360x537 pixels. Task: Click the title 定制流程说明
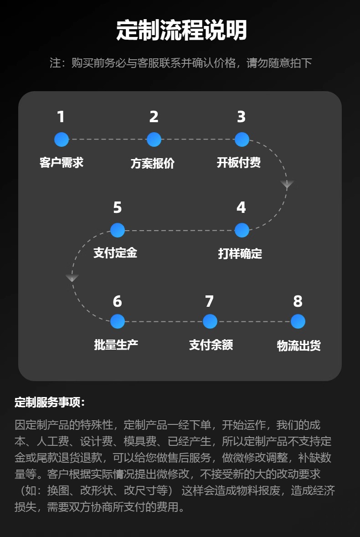click(x=181, y=31)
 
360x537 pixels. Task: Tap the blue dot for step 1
click(x=62, y=139)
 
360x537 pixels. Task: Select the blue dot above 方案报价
click(x=154, y=139)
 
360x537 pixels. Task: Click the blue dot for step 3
click(x=242, y=139)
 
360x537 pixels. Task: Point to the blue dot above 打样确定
click(x=242, y=230)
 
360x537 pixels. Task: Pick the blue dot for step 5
click(x=118, y=230)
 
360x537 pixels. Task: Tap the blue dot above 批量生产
click(x=118, y=321)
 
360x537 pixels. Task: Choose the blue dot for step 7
click(x=210, y=321)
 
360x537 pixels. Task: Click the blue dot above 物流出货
click(x=298, y=321)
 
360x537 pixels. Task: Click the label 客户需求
click(x=62, y=163)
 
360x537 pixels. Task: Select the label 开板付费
click(x=239, y=163)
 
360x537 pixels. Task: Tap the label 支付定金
click(x=115, y=253)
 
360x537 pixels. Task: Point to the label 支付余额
click(x=211, y=345)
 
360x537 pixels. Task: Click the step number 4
click(x=241, y=208)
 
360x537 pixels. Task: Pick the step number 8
click(x=298, y=301)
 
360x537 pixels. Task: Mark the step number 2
click(x=154, y=117)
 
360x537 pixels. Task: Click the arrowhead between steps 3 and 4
click(x=287, y=185)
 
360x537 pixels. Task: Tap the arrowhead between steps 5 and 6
click(x=72, y=278)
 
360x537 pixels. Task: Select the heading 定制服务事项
click(x=50, y=403)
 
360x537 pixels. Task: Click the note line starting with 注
click(x=180, y=63)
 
